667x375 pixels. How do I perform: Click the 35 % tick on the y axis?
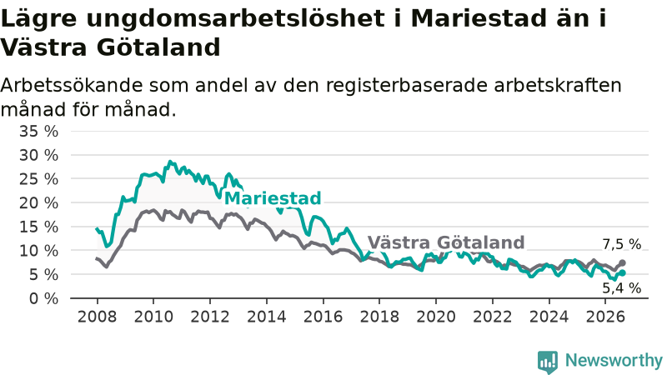click(38, 132)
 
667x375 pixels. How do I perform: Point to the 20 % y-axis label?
click(38, 203)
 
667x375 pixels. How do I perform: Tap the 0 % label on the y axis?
click(44, 298)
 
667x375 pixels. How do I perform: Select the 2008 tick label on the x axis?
click(97, 317)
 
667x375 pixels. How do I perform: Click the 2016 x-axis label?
click(323, 317)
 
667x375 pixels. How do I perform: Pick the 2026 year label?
click(605, 317)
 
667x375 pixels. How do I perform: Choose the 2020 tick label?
click(436, 317)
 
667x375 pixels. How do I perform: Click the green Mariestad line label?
click(273, 198)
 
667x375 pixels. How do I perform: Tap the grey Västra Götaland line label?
click(446, 242)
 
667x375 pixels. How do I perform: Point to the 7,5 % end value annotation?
click(621, 244)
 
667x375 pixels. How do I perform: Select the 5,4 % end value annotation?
click(621, 287)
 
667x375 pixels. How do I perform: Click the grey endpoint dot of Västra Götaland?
click(622, 262)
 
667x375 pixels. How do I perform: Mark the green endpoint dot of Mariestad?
click(622, 273)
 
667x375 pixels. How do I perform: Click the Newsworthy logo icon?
click(548, 362)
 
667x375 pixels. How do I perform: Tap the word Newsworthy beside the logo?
click(614, 360)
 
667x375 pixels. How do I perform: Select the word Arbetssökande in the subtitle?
click(72, 85)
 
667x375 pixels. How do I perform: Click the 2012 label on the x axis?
click(210, 317)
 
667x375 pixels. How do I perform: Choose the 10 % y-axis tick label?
click(38, 251)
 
